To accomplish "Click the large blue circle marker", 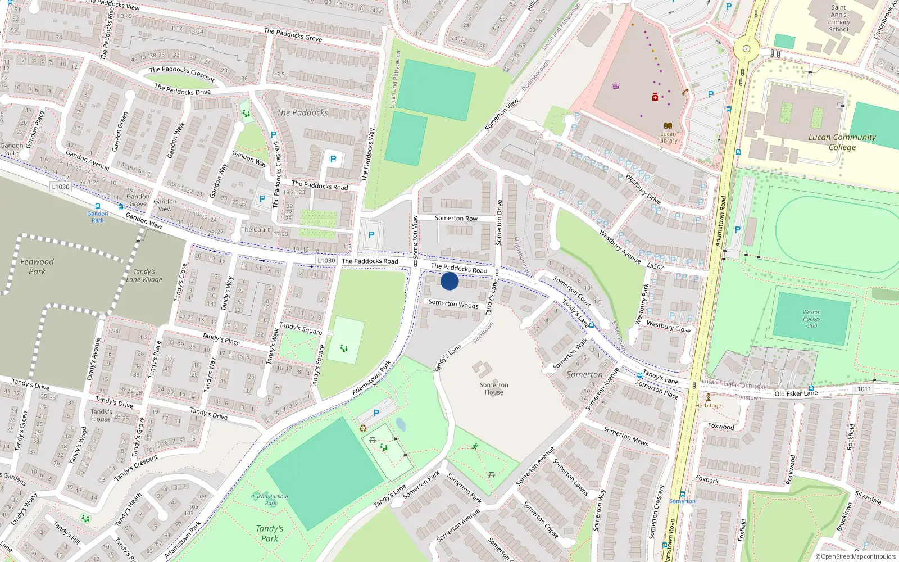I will pos(449,281).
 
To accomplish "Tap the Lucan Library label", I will pos(668,137).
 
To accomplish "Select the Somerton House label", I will pos(494,388).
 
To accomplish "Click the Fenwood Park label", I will pos(37,266).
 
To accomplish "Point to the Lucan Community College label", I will pos(842,142).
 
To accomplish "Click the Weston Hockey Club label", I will pos(811,319).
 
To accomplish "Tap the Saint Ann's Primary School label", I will pos(838,19).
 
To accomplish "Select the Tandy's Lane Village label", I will pos(144,275).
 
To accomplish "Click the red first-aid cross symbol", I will pos(655,98).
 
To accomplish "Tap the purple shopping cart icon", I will pos(616,86).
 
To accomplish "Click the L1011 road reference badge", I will pos(862,389).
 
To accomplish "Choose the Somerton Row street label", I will pos(456,218).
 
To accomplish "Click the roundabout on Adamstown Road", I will pos(746,49).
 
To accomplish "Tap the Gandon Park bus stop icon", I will pos(98,207).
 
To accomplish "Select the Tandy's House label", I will pos(101,415).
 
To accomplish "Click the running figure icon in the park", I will pos(475,447).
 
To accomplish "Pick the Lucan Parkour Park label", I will pos(271,500).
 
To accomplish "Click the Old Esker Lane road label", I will pos(796,393).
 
